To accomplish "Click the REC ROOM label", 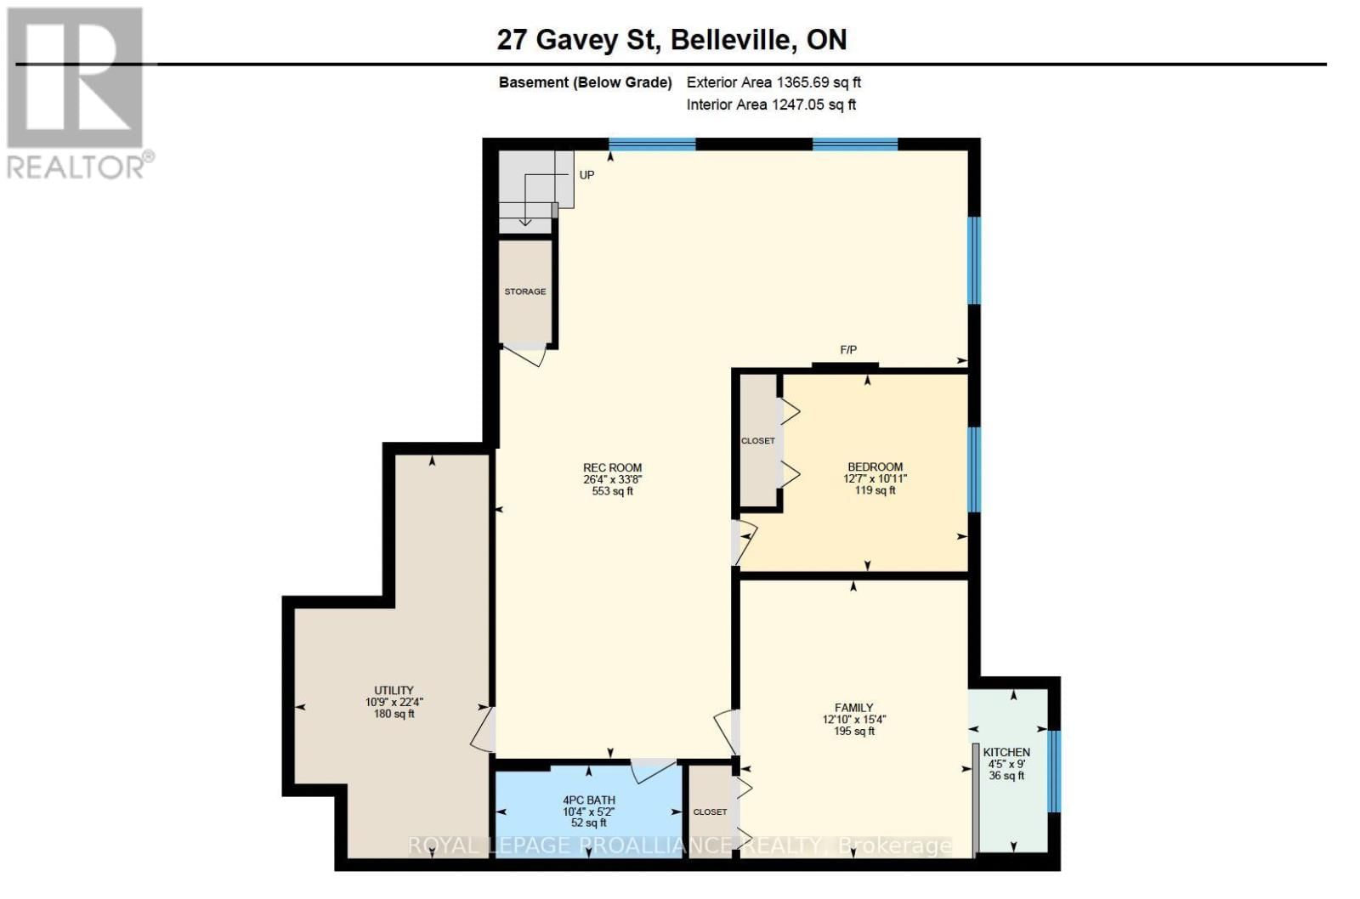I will click(612, 467).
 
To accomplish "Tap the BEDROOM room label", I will click(875, 466).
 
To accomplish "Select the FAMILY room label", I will click(853, 707).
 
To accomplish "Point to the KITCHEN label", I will click(1006, 752).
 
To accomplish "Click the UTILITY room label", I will click(394, 690).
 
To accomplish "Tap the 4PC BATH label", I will click(588, 800).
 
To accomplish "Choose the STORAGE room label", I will click(525, 291).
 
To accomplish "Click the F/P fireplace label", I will click(848, 350).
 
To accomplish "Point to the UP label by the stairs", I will click(586, 175).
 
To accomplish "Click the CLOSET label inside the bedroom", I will click(757, 441).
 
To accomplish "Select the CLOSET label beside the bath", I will click(710, 812).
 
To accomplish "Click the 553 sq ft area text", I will click(612, 491).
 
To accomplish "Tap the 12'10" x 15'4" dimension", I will click(853, 719).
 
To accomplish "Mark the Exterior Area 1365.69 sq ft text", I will click(773, 82).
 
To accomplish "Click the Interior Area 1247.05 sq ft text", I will click(771, 105).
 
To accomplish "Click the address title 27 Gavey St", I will click(671, 39).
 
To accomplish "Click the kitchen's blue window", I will click(1053, 770).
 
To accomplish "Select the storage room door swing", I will click(524, 355).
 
